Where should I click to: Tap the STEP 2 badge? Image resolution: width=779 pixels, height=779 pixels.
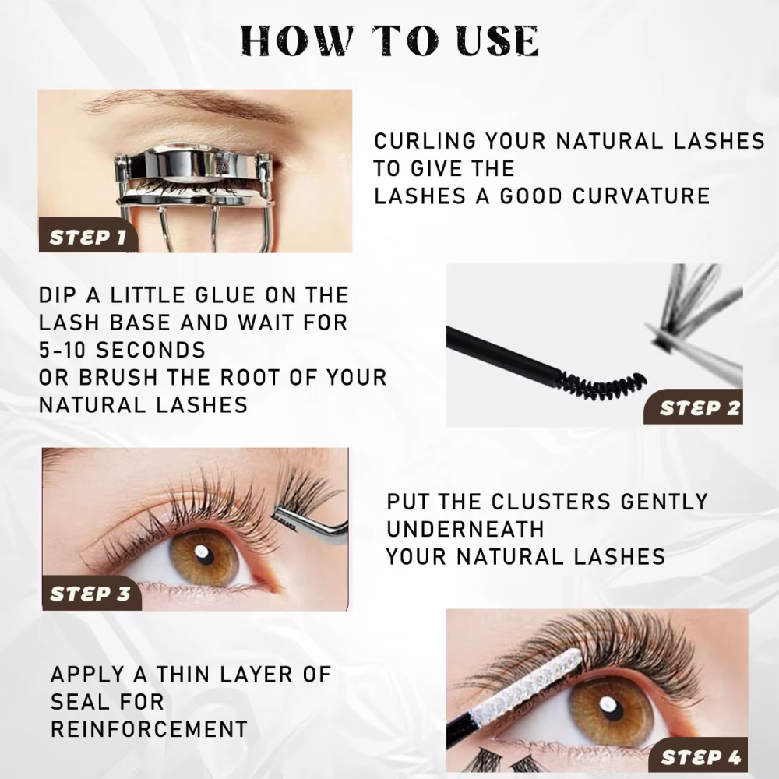(x=694, y=407)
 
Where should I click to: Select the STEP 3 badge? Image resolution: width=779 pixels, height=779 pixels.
(x=91, y=593)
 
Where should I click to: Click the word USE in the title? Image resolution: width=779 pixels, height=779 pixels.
(x=497, y=41)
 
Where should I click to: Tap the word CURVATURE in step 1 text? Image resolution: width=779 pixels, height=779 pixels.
(x=641, y=196)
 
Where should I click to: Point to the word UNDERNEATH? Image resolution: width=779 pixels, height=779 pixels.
(x=465, y=529)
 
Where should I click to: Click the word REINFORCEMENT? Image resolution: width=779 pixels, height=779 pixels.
(x=149, y=729)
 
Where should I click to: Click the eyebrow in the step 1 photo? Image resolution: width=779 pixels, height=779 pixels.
(x=189, y=107)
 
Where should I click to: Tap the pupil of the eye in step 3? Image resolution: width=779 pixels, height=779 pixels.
(x=203, y=552)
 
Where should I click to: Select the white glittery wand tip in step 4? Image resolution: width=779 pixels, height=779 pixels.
(x=526, y=689)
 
